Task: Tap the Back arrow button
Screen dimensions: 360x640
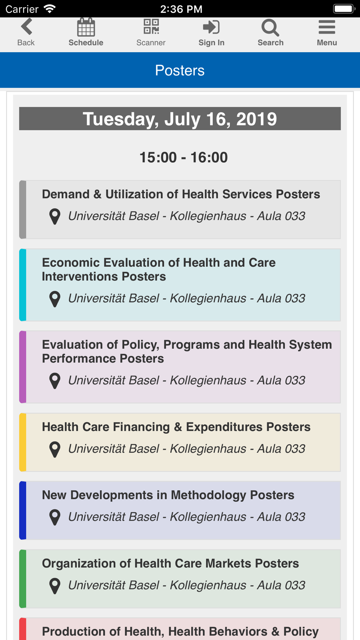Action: pyautogui.click(x=27, y=27)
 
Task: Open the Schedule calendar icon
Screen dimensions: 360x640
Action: pyautogui.click(x=86, y=27)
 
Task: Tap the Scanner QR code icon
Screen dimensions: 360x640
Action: pyautogui.click(x=151, y=27)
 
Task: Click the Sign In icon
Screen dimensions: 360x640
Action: pyautogui.click(x=211, y=27)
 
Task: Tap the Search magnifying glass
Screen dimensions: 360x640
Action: pyautogui.click(x=270, y=28)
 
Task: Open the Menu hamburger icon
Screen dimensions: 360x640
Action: pyautogui.click(x=327, y=27)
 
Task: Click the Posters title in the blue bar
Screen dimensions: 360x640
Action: pyautogui.click(x=180, y=70)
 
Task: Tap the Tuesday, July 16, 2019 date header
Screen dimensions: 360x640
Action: pyautogui.click(x=180, y=119)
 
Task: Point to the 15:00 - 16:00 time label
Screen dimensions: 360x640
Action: pyautogui.click(x=184, y=157)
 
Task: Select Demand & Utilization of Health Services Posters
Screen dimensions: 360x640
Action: pyautogui.click(x=181, y=194)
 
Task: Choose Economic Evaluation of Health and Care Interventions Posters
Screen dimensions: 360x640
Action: pyautogui.click(x=159, y=269)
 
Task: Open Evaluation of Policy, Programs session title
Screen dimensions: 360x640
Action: pyautogui.click(x=187, y=351)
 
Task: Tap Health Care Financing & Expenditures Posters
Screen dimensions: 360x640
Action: pyautogui.click(x=176, y=427)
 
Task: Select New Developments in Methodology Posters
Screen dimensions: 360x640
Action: pyautogui.click(x=168, y=495)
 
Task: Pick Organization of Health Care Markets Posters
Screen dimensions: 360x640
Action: pyautogui.click(x=170, y=563)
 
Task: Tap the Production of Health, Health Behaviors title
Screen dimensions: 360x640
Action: pyautogui.click(x=180, y=631)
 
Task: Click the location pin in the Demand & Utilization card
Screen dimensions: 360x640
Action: pyautogui.click(x=55, y=217)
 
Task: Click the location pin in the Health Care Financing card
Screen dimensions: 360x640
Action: pyautogui.click(x=55, y=449)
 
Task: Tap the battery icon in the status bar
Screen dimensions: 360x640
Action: pyautogui.click(x=344, y=9)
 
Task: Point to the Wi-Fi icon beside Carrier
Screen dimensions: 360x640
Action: pyautogui.click(x=50, y=9)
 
